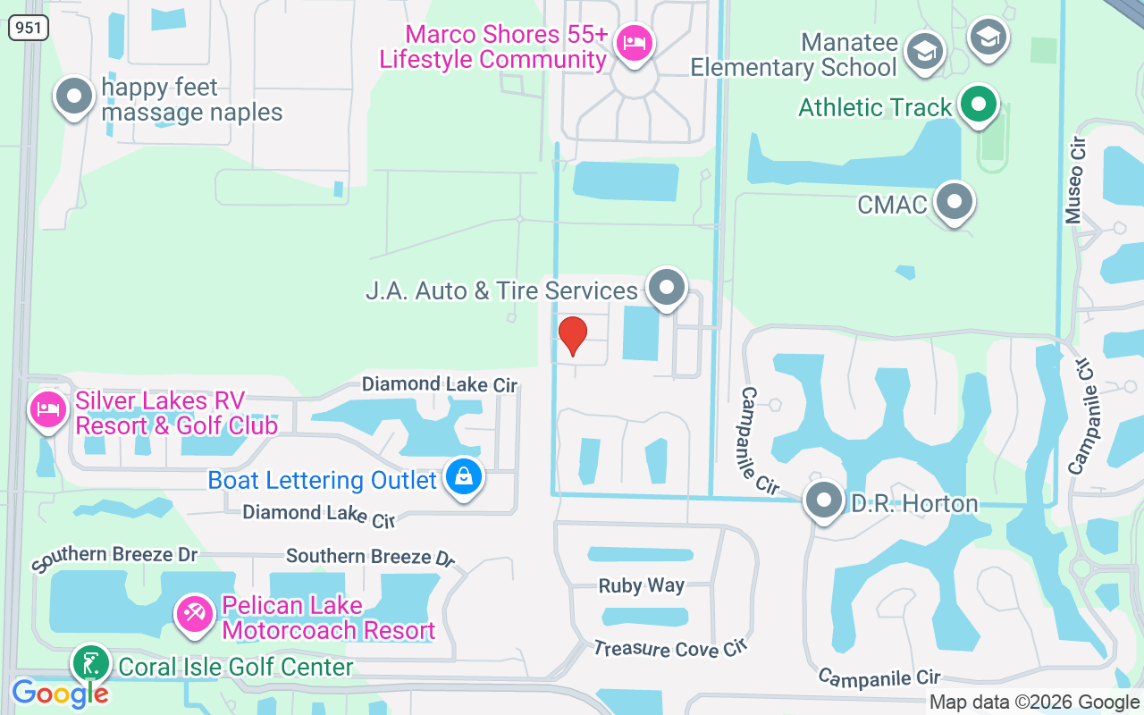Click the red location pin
point(572,335)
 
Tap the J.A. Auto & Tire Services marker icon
point(666,288)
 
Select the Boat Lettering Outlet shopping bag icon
point(464,477)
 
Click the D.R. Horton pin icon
point(823,501)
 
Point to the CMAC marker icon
point(955,202)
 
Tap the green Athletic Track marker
point(979,105)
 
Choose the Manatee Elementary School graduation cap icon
point(925,52)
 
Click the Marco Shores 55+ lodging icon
point(635,42)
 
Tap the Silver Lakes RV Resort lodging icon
point(48,410)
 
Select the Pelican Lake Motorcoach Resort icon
point(193,614)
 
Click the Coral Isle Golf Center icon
point(90,665)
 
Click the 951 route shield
point(29,29)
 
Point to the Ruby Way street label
point(642,586)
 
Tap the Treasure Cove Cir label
point(670,648)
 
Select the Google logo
point(60,693)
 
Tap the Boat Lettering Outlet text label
point(323,480)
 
